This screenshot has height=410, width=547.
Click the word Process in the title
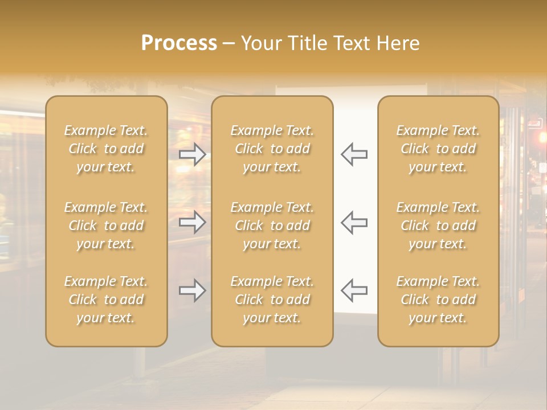pos(179,43)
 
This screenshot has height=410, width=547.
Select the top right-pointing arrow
pos(193,154)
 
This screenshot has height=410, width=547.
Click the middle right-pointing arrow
pos(193,222)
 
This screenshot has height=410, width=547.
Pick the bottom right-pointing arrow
pos(193,290)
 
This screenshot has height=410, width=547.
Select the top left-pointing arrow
pos(354,154)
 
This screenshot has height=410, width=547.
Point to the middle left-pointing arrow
pos(354,222)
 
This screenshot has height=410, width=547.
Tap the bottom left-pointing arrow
pos(354,290)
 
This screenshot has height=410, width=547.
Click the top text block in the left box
pos(106,149)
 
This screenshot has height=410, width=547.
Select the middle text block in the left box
pos(106,225)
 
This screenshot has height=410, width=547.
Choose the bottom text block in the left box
pos(106,300)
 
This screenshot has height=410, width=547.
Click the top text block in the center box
pos(272,149)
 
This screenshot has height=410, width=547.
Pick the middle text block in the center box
pos(272,225)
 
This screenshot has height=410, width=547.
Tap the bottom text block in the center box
pos(272,300)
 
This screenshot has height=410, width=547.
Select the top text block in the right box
pos(438,149)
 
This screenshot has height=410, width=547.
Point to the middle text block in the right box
pos(438,225)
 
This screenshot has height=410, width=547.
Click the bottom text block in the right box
pos(438,300)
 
